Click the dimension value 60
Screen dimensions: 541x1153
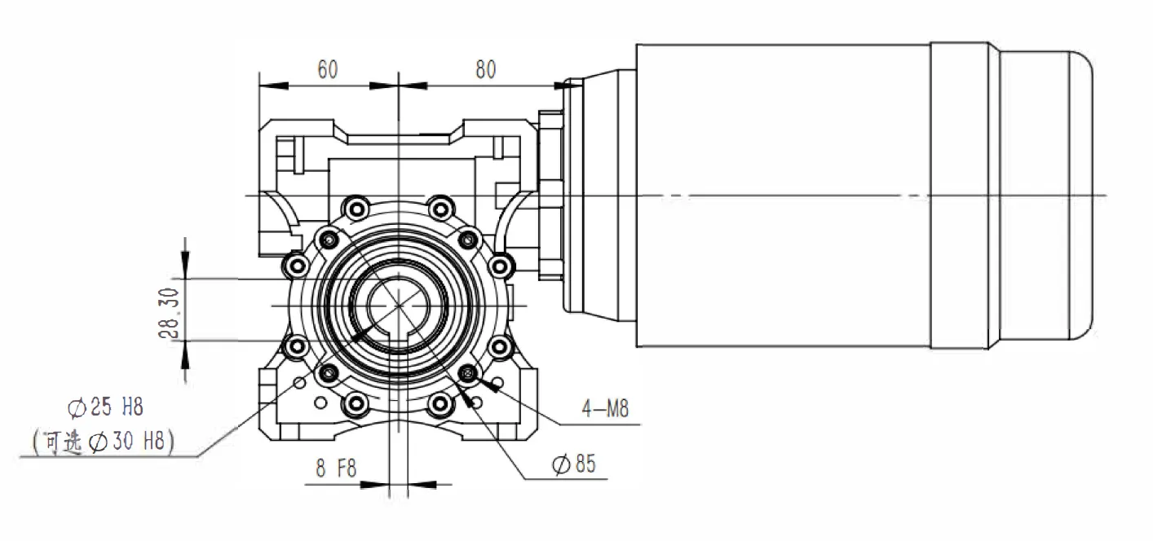click(x=327, y=69)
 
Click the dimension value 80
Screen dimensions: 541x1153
click(x=485, y=69)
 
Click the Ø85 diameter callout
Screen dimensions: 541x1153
click(x=574, y=464)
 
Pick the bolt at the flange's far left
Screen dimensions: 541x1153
click(x=294, y=264)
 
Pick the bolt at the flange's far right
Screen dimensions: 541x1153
click(x=501, y=264)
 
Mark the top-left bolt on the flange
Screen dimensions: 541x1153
click(x=356, y=205)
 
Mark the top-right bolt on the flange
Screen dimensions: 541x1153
click(x=440, y=205)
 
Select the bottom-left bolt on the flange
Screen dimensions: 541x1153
click(x=356, y=402)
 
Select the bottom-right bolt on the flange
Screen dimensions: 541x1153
click(x=440, y=402)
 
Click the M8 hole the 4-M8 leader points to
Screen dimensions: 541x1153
click(x=468, y=373)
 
